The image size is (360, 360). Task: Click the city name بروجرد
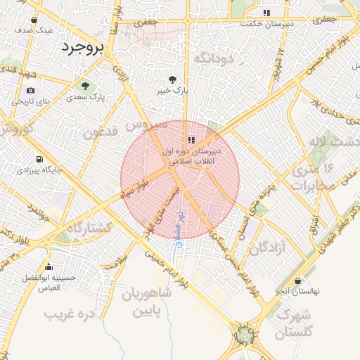click(x=82, y=48)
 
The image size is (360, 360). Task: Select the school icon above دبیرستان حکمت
click(x=266, y=13)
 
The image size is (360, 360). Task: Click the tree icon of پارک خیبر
click(x=173, y=79)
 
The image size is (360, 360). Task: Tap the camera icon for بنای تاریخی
click(x=30, y=91)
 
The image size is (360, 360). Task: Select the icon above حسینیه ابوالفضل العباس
click(x=49, y=267)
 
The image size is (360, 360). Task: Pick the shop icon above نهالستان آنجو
click(x=298, y=281)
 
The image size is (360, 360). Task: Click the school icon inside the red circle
click(x=192, y=140)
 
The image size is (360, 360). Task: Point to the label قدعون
click(x=100, y=132)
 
